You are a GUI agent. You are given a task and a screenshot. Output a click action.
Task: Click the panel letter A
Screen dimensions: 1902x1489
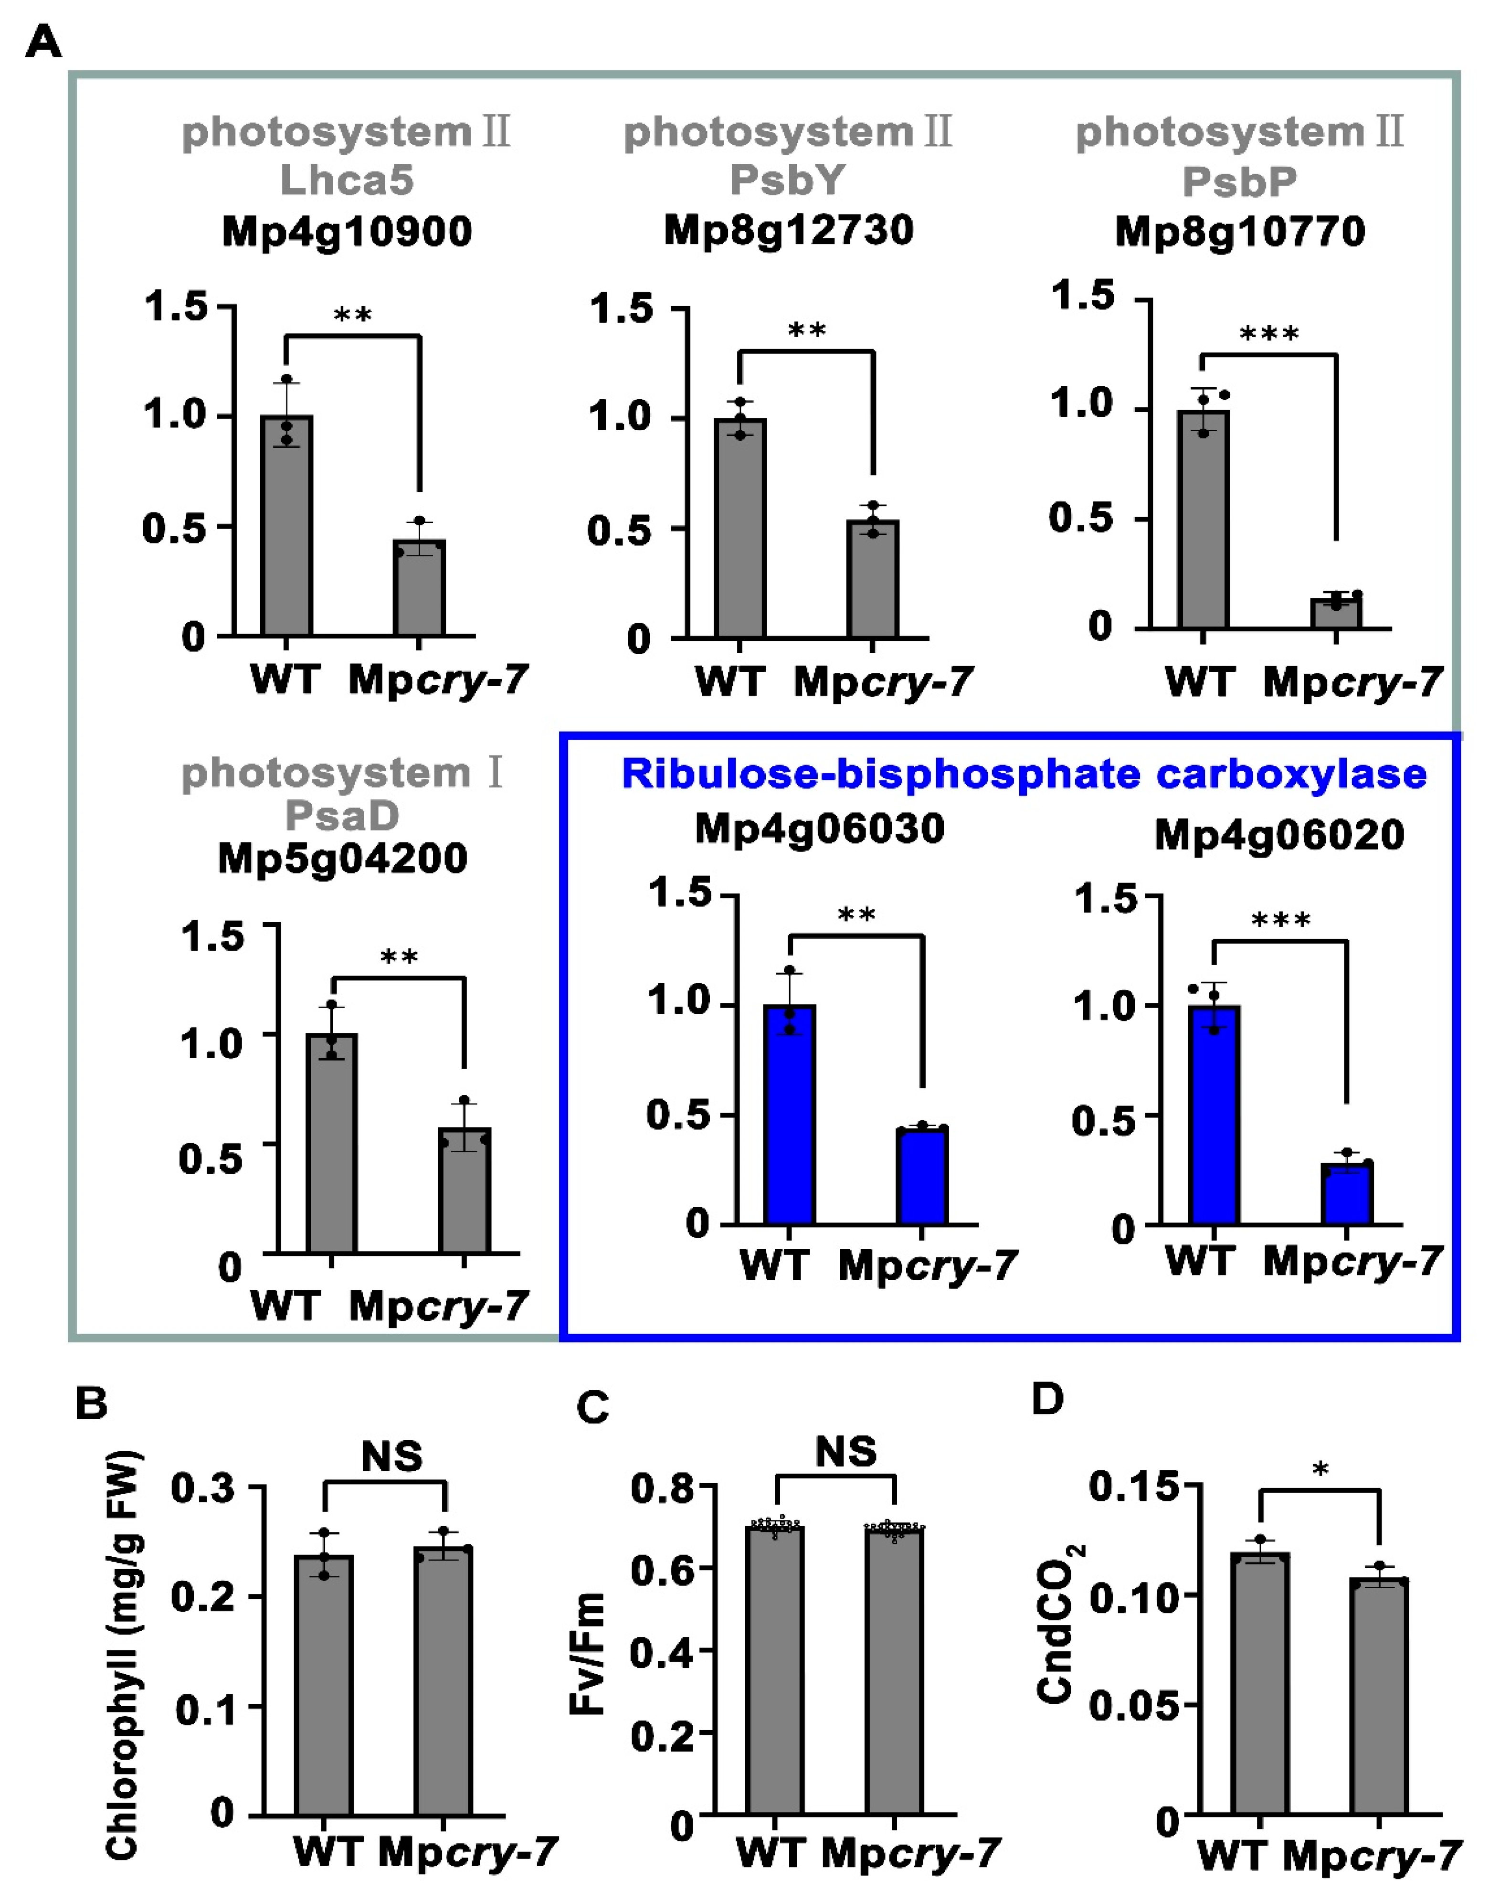point(43,41)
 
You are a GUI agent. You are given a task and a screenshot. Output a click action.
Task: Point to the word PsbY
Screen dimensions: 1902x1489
point(787,181)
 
